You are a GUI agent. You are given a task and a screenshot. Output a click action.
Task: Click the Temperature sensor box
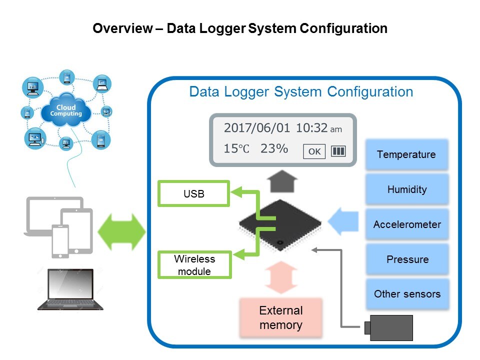click(406, 154)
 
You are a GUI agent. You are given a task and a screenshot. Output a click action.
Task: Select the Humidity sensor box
click(406, 189)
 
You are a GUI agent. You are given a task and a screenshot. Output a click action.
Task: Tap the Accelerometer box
click(406, 224)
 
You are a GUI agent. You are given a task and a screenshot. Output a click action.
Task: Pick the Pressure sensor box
click(406, 259)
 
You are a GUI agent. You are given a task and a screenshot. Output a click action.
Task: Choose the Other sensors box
click(406, 294)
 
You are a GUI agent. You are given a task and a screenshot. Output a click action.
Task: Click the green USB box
click(194, 194)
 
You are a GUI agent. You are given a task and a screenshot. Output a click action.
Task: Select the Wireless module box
click(194, 265)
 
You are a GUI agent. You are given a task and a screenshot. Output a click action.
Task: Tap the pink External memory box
click(280, 318)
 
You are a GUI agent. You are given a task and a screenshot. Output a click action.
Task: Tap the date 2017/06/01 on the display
click(256, 127)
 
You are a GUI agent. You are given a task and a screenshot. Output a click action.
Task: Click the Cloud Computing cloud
click(66, 111)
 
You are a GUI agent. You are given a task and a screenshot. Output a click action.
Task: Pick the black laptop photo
click(70, 289)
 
